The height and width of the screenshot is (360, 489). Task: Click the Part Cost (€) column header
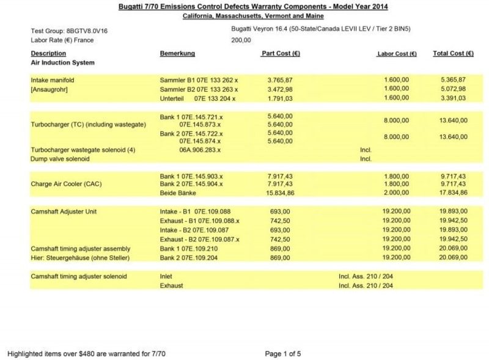tap(280, 54)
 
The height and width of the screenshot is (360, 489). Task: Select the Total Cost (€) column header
tap(453, 54)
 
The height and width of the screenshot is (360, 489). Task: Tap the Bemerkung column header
tap(177, 54)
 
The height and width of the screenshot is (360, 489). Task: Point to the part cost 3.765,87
tap(280, 80)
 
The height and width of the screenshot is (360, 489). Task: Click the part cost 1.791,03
tap(280, 98)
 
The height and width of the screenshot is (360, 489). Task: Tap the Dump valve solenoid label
tap(60, 159)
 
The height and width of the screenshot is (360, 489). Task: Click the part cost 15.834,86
tap(280, 193)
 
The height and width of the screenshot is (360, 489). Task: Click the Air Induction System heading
tap(62, 62)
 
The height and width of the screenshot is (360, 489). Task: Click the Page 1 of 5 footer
tap(283, 353)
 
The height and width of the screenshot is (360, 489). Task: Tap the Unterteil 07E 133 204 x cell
tap(197, 98)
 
